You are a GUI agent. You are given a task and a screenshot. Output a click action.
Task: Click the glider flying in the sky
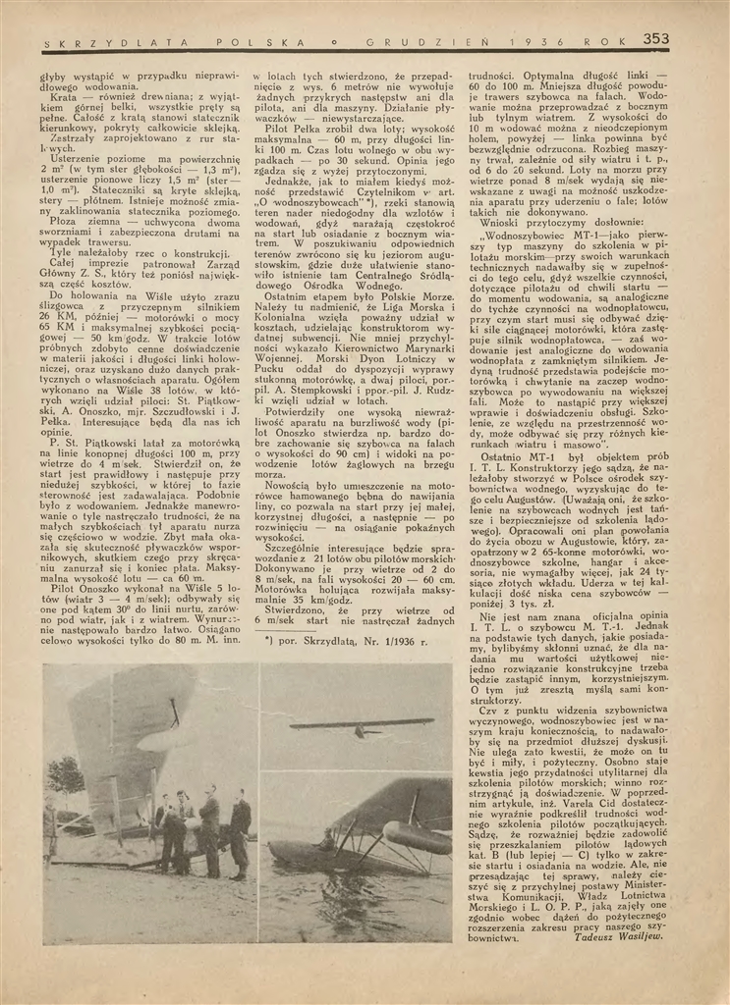(361, 726)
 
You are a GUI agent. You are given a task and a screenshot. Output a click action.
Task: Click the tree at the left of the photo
(66, 775)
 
